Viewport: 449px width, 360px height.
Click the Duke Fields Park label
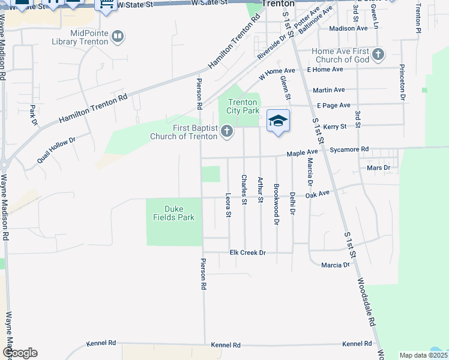pyautogui.click(x=174, y=213)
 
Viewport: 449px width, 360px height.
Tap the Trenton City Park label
pyautogui.click(x=243, y=107)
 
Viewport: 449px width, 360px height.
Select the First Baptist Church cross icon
pyautogui.click(x=227, y=131)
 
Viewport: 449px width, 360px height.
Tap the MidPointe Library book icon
pyautogui.click(x=118, y=37)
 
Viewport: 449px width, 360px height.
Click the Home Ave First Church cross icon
pyautogui.click(x=378, y=55)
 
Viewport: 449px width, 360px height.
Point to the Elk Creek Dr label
pyautogui.click(x=247, y=253)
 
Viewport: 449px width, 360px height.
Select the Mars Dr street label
pyautogui.click(x=378, y=168)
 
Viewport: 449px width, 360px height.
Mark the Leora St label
pyautogui.click(x=228, y=205)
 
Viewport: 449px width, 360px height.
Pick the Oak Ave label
pyautogui.click(x=318, y=194)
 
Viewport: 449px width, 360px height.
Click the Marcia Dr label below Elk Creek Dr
pyautogui.click(x=335, y=265)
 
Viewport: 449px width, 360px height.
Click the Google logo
pyautogui.click(x=20, y=353)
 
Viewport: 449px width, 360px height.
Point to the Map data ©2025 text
pyautogui.click(x=423, y=355)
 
